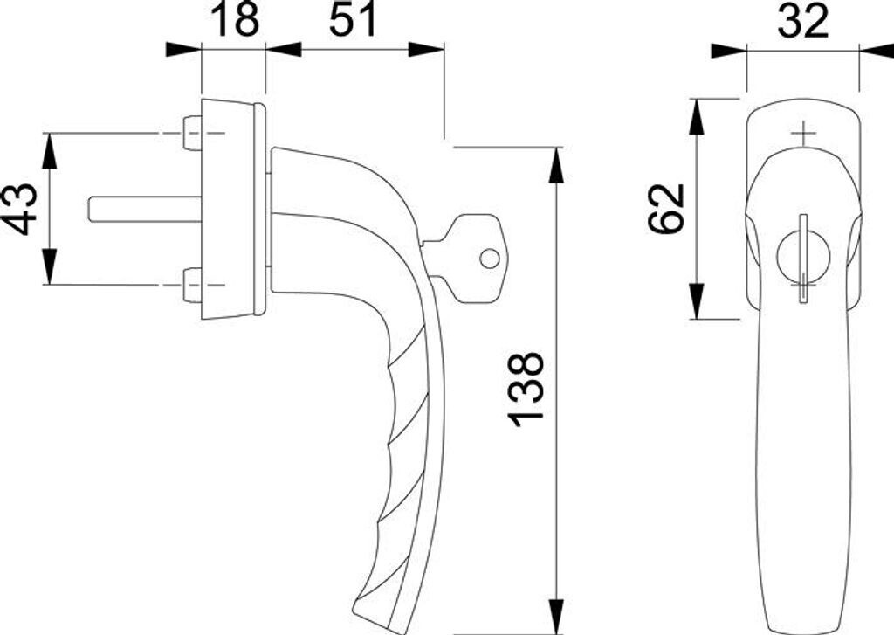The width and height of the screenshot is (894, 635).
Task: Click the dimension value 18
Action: coord(236,20)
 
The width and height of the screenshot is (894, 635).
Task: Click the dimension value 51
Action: coord(353,20)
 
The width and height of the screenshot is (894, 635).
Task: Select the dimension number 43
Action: coord(24,209)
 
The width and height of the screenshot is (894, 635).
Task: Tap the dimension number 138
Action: coord(525,389)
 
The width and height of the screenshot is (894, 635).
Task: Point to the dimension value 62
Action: coord(666,208)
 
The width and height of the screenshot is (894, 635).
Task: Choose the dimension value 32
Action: coord(802,21)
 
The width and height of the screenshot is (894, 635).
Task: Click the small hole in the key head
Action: coord(489,259)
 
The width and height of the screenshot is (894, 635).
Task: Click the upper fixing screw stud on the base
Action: coord(192,133)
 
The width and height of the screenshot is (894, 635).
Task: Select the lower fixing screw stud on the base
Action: coord(192,284)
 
